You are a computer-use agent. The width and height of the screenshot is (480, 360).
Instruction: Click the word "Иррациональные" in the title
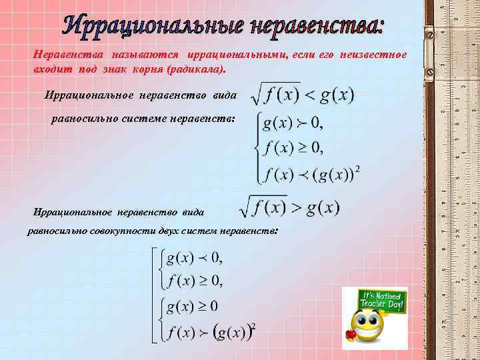(x=153, y=25)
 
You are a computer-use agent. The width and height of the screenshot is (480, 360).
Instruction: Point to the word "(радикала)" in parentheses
(x=198, y=69)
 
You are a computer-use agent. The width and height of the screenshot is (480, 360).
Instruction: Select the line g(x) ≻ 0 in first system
(x=293, y=123)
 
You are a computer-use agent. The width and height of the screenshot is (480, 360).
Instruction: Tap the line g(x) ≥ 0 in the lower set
(x=193, y=306)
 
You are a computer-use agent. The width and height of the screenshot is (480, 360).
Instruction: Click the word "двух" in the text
(x=171, y=230)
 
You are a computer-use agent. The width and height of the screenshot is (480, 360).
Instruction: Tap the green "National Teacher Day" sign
(x=382, y=302)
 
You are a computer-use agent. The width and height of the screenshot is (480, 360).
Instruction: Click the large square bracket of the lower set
(x=154, y=294)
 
